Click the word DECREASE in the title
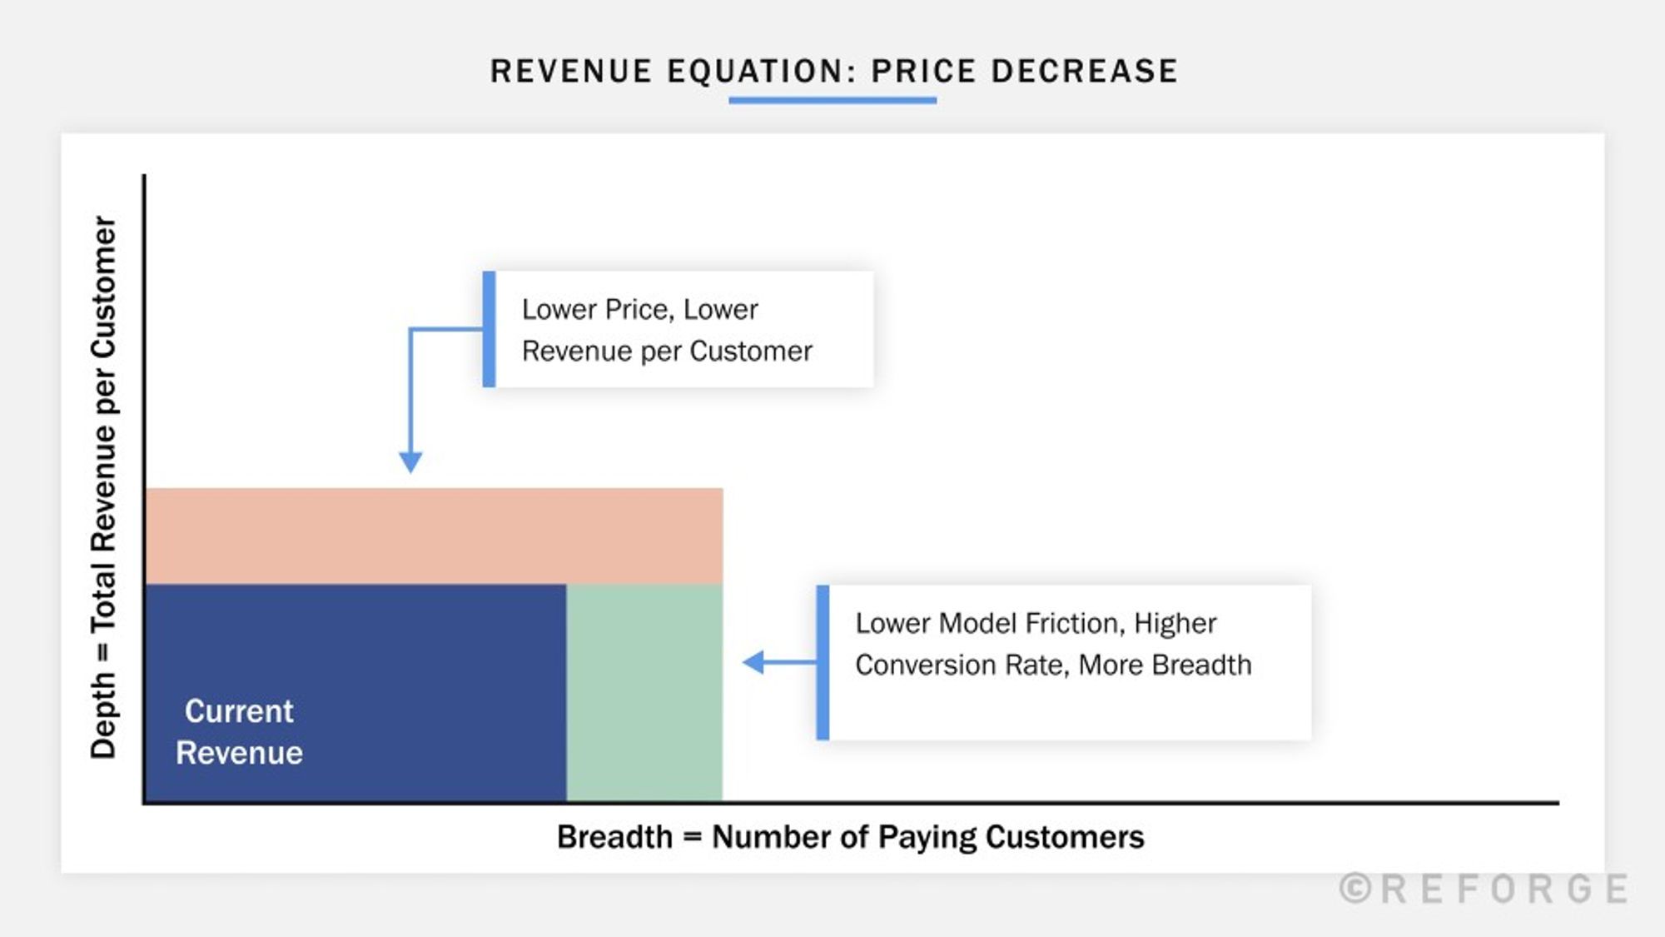click(x=1084, y=72)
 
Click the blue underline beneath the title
click(x=832, y=101)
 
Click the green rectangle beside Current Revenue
click(x=644, y=691)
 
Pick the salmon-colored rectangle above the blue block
click(x=433, y=536)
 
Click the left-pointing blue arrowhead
click(x=753, y=662)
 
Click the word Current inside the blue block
click(x=239, y=711)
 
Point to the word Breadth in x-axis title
click(x=614, y=837)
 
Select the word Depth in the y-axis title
click(x=103, y=716)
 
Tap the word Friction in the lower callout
click(x=1075, y=623)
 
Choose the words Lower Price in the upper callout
click(x=596, y=309)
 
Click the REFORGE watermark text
click(x=1505, y=890)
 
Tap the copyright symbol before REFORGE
click(x=1355, y=889)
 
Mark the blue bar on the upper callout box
click(x=489, y=329)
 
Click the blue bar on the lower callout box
click(x=823, y=662)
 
